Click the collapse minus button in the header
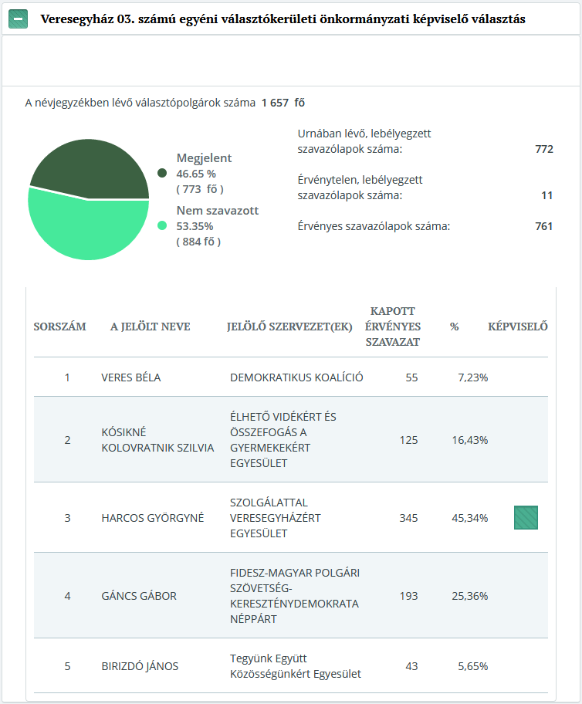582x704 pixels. (19, 19)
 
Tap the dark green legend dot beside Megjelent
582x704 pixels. (162, 173)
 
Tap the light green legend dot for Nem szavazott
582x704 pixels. (162, 225)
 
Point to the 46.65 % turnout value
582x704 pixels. (196, 174)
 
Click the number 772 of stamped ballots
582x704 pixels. (543, 149)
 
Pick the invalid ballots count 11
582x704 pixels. (546, 195)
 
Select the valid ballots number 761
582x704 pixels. (543, 226)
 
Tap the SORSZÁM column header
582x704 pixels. (59, 327)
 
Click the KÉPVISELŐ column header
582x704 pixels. (517, 327)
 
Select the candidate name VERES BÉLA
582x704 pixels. (131, 377)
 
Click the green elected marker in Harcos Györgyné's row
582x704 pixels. (526, 517)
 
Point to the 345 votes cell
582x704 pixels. (408, 518)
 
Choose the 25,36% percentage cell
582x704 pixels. (469, 596)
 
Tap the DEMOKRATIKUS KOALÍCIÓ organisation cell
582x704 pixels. (296, 377)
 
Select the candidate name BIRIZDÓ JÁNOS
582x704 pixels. (140, 666)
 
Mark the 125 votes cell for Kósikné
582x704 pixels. (408, 440)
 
